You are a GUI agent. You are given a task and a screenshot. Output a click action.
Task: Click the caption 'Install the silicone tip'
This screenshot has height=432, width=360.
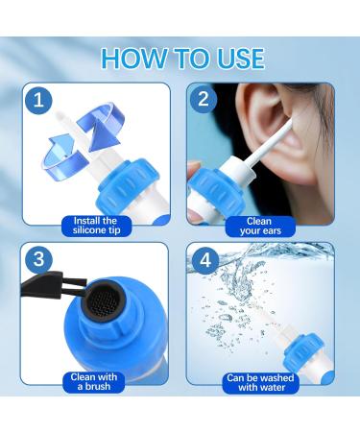pyautogui.click(x=96, y=225)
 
